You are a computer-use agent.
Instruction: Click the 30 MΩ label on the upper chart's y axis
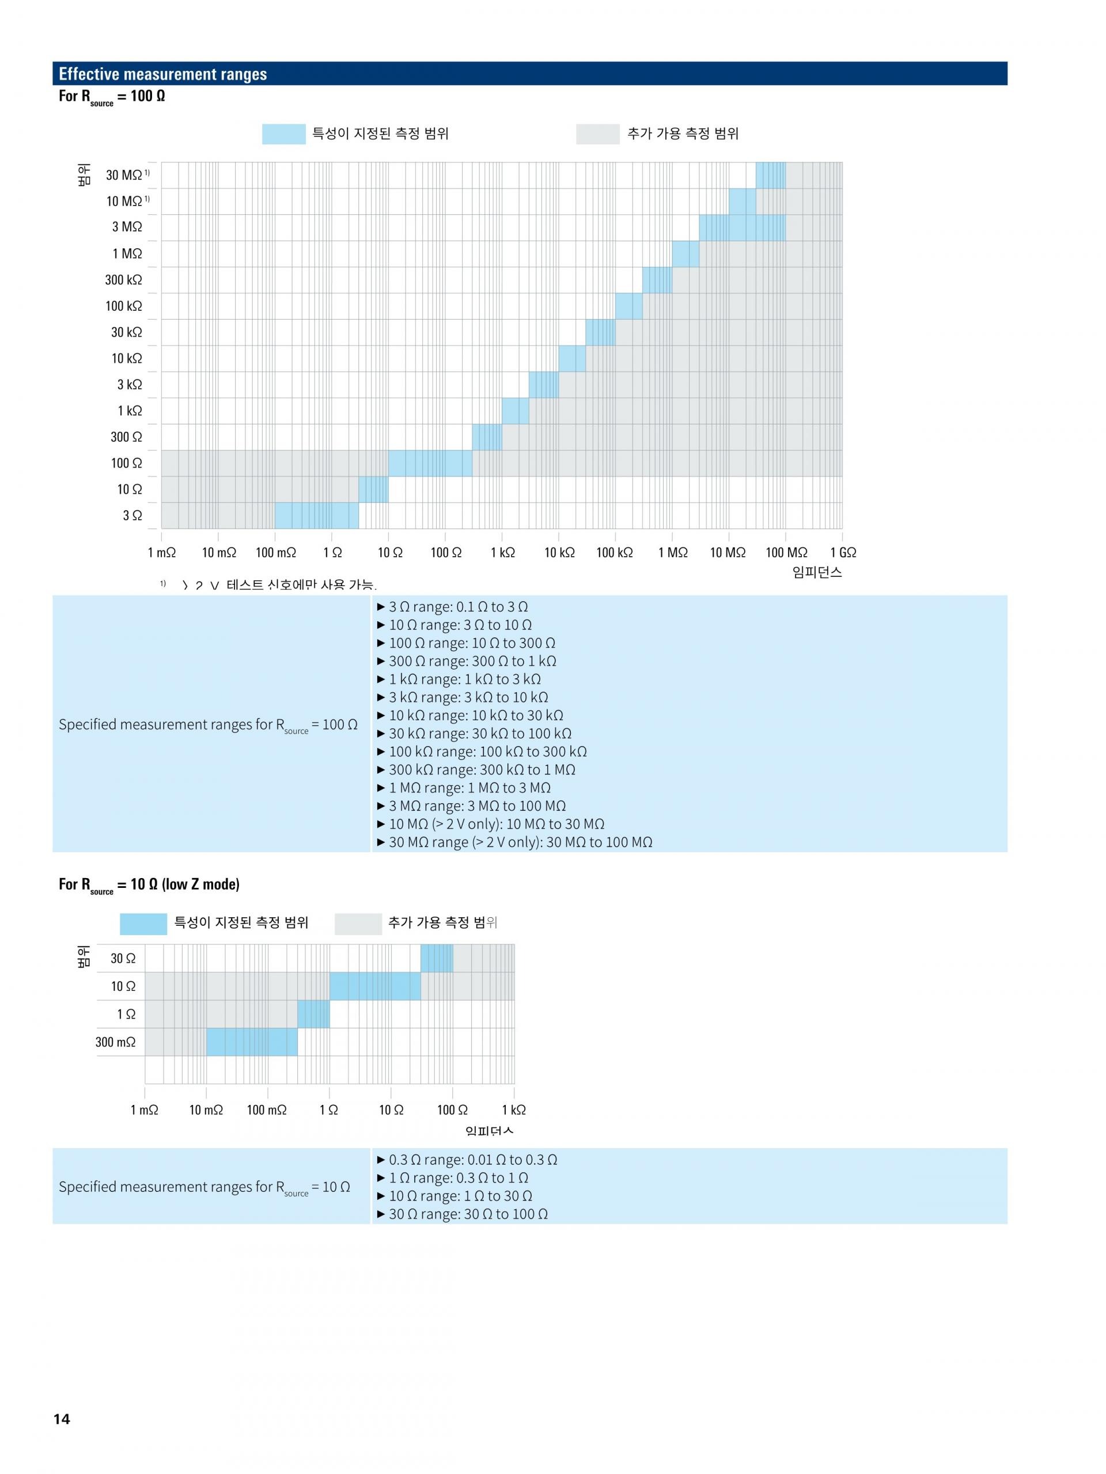pos(124,175)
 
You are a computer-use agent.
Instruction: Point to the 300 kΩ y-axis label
pos(123,280)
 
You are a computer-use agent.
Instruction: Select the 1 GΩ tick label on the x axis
pos(843,552)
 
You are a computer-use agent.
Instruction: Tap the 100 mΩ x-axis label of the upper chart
pos(275,552)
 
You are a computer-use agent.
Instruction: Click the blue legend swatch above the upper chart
pos(283,134)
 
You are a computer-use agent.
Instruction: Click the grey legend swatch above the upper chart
pos(597,134)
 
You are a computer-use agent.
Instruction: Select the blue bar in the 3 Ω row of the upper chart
pos(317,515)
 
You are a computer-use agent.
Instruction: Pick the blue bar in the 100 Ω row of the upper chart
pos(430,463)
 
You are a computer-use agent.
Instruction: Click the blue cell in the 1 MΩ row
pos(685,254)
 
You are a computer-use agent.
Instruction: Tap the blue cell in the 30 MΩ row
pos(770,175)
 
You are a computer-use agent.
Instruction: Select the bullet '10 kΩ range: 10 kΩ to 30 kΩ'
pos(475,715)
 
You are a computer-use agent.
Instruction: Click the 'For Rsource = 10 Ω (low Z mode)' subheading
pos(149,885)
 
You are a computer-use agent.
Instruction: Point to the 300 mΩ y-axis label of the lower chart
pos(115,1042)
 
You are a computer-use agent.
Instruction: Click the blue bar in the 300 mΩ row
pos(251,1042)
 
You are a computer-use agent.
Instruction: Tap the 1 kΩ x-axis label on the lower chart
pos(513,1110)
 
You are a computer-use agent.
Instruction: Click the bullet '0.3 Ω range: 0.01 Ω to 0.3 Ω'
pos(473,1160)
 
